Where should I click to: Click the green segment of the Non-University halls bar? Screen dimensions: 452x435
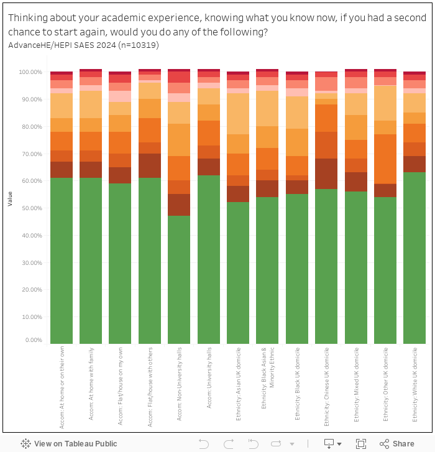[179, 280]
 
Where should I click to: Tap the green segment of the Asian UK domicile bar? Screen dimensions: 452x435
[238, 273]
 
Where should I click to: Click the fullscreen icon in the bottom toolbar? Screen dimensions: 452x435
[361, 443]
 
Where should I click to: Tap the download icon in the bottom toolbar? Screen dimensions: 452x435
[329, 443]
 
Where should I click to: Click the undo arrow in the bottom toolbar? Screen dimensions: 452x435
[203, 443]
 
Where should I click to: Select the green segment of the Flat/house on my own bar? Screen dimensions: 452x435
[120, 264]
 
